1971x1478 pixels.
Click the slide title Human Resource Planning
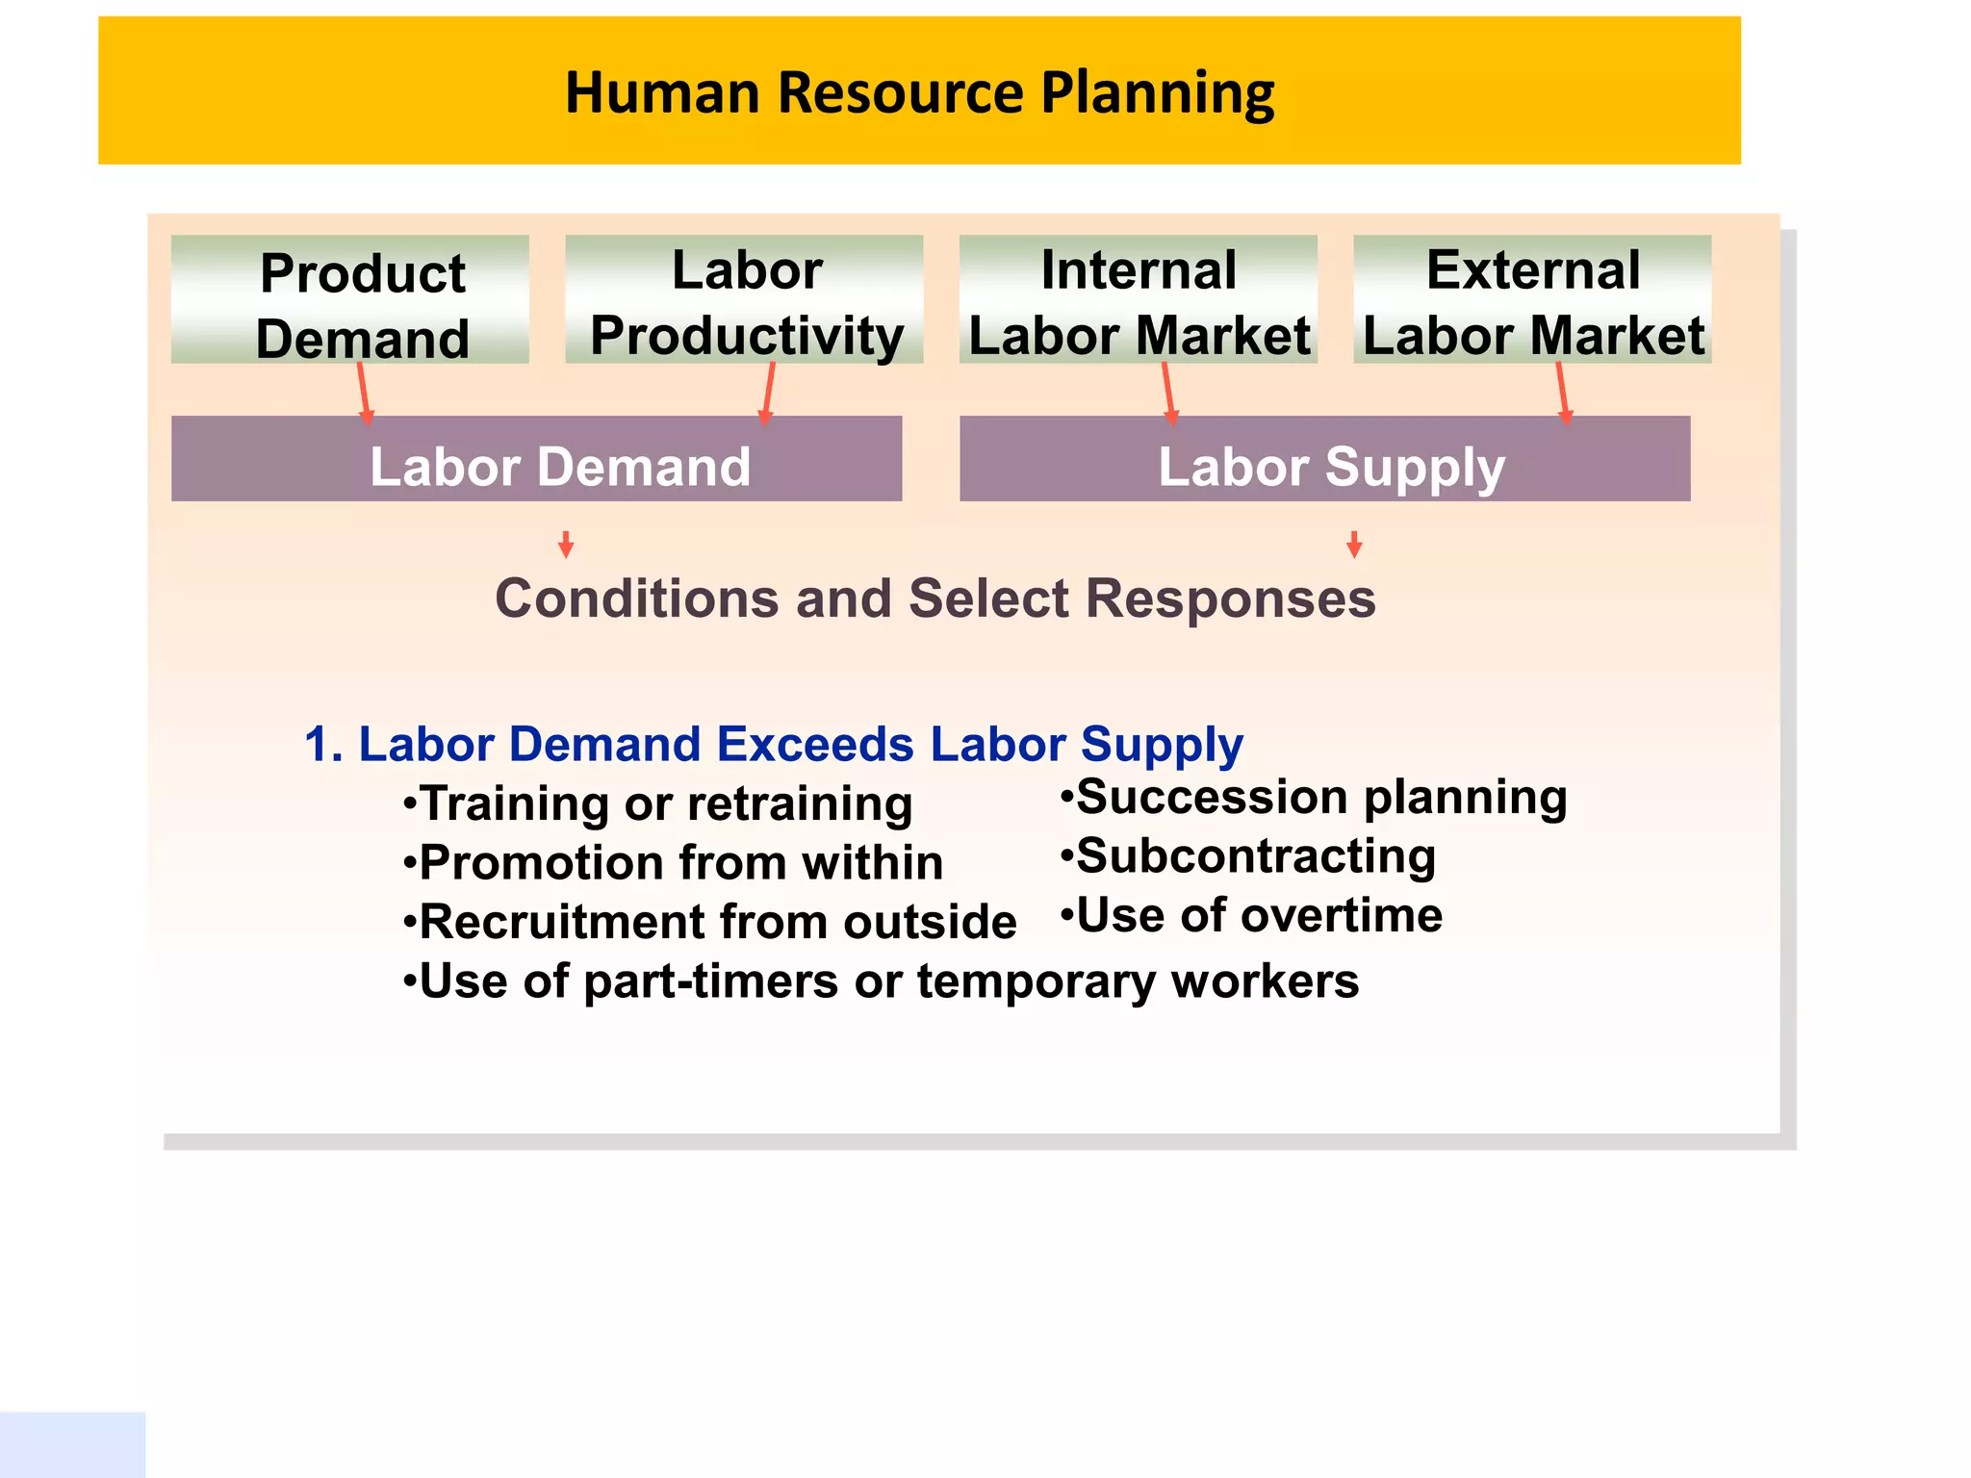[x=919, y=92]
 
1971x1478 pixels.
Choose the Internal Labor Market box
[x=1138, y=300]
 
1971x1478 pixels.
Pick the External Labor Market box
[x=1532, y=300]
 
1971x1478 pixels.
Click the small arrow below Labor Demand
[x=566, y=545]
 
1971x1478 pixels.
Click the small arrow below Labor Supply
[x=1354, y=545]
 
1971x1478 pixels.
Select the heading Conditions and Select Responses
[x=934, y=599]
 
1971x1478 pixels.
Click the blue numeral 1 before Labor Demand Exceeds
[x=321, y=745]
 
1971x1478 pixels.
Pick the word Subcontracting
[x=1255, y=856]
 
